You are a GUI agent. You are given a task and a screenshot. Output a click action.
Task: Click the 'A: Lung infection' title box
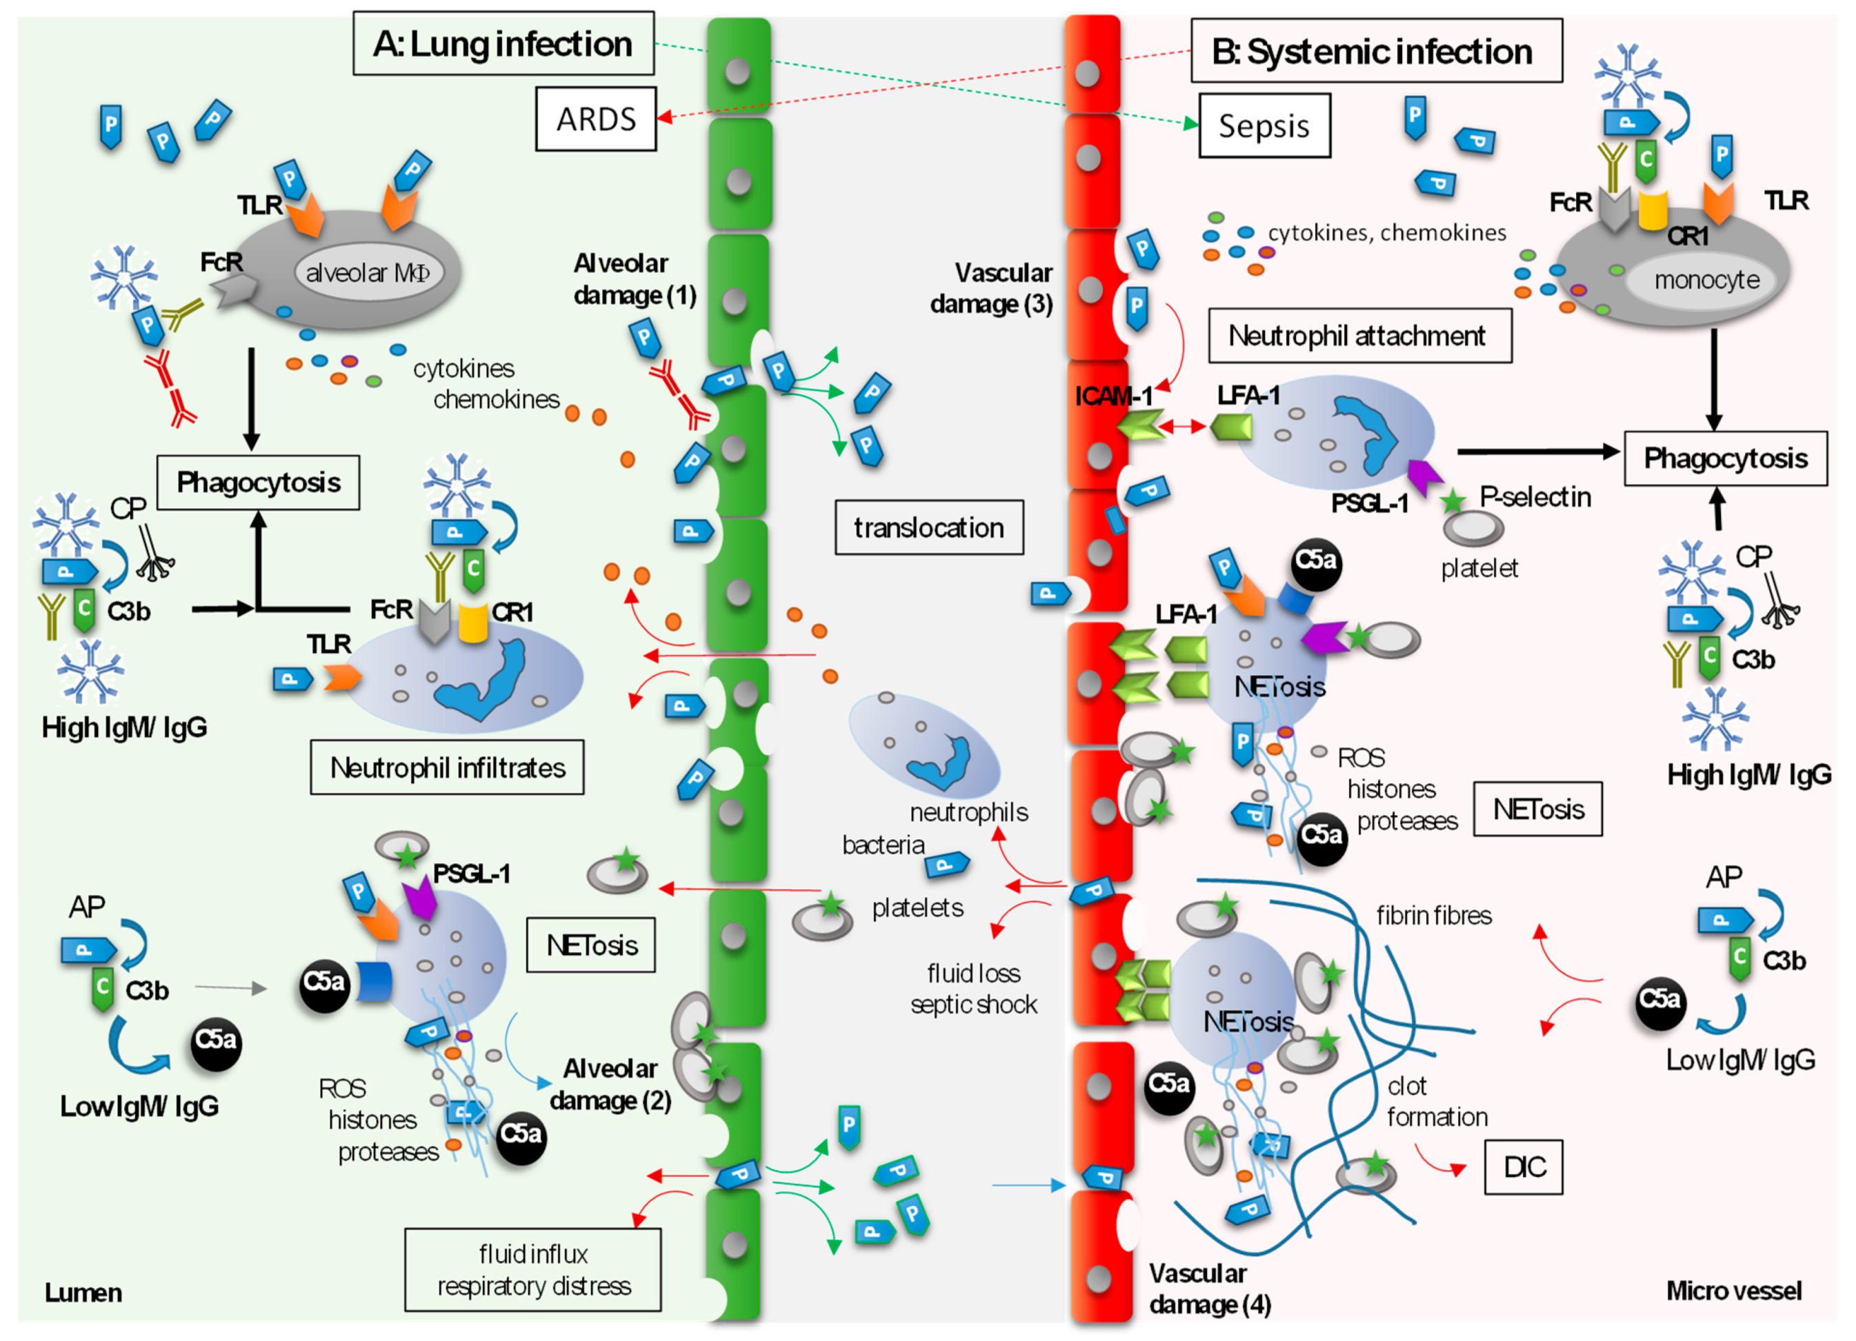click(x=503, y=43)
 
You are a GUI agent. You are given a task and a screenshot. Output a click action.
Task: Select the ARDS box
click(x=596, y=119)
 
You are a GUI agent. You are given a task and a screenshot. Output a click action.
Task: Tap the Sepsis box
click(x=1264, y=126)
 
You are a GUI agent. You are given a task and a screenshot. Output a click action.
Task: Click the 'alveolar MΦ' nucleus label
click(x=368, y=272)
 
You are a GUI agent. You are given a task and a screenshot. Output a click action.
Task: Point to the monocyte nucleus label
click(x=1706, y=280)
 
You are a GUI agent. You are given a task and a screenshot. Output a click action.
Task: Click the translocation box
click(x=928, y=527)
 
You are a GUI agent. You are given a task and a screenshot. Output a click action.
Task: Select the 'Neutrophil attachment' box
click(x=1359, y=336)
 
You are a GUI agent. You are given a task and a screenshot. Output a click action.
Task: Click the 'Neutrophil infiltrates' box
click(x=447, y=767)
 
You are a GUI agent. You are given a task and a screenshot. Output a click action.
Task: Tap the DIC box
click(x=1523, y=1167)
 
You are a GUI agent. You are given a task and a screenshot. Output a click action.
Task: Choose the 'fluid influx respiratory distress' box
click(x=532, y=1270)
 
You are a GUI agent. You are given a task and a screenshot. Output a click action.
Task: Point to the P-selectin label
click(x=1535, y=496)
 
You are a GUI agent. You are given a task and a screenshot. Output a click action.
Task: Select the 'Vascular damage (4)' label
click(x=1208, y=1289)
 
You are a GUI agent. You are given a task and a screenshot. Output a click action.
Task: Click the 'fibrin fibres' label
click(x=1433, y=916)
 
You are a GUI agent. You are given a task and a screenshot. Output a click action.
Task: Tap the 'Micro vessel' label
click(x=1733, y=1291)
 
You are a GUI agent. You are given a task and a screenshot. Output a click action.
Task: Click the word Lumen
click(x=83, y=1293)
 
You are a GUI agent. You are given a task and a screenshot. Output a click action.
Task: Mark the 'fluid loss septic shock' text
click(x=973, y=989)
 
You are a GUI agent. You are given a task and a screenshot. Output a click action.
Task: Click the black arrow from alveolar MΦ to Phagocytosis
click(x=251, y=397)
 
